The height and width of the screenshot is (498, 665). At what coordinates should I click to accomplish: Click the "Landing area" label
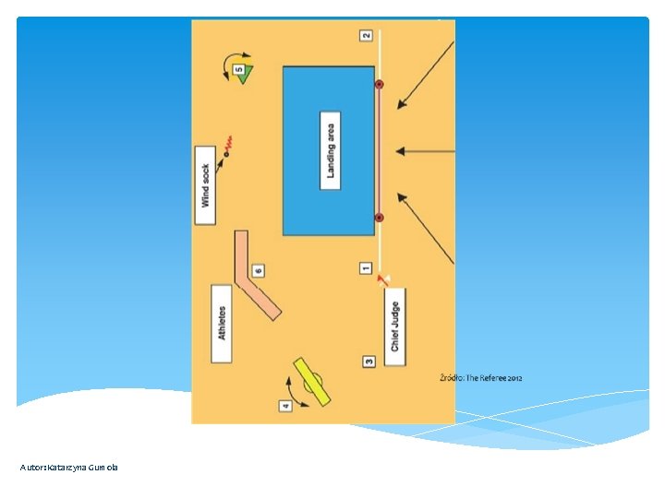pos(331,151)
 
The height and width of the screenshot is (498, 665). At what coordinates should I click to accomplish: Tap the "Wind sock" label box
pos(205,185)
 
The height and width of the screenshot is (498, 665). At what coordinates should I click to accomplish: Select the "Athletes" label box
pos(221,323)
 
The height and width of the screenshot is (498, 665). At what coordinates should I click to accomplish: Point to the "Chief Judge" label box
pos(394,326)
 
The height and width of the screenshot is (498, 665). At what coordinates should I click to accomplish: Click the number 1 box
pos(366,268)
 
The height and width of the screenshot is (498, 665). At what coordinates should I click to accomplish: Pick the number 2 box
pos(366,35)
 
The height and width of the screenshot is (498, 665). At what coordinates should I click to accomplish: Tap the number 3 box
pos(369,362)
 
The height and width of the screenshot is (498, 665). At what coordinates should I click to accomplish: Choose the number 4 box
pos(285,405)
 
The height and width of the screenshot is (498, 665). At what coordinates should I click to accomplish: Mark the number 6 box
pos(258,271)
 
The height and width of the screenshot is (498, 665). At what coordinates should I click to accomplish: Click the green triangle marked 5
pos(244,73)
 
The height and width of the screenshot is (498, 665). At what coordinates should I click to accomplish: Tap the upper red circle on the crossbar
pos(379,85)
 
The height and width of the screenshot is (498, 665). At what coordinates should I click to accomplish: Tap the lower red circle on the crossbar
pos(379,218)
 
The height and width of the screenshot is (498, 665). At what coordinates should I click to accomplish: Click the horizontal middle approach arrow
pos(425,151)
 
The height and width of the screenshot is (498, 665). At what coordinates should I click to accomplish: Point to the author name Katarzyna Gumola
pos(69,468)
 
